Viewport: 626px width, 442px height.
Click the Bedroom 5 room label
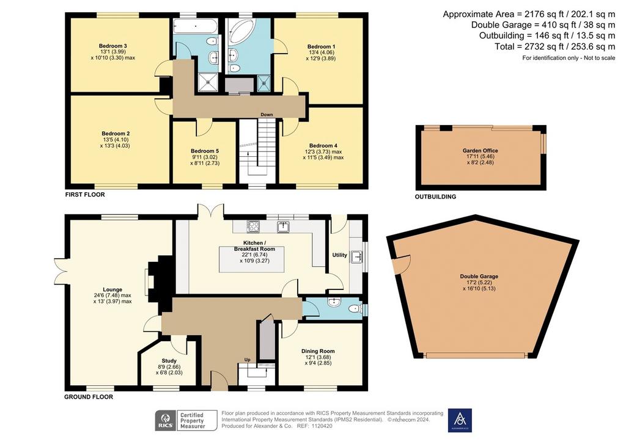pyautogui.click(x=204, y=151)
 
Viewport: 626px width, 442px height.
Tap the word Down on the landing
pyautogui.click(x=267, y=114)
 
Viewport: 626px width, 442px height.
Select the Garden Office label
pyautogui.click(x=481, y=151)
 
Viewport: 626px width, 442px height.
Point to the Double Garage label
pyautogui.click(x=479, y=276)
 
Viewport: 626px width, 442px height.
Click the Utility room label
pyautogui.click(x=340, y=255)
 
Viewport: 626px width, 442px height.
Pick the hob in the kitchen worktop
pyautogui.click(x=253, y=226)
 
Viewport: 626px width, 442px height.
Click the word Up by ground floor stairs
pyautogui.click(x=247, y=360)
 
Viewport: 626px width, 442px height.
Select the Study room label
pyautogui.click(x=169, y=361)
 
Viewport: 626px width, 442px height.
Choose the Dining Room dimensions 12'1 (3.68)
pyautogui.click(x=318, y=358)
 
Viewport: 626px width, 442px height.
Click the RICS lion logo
pyautogui.click(x=164, y=421)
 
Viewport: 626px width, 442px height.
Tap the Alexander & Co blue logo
pyautogui.click(x=460, y=421)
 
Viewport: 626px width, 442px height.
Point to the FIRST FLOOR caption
pyautogui.click(x=85, y=195)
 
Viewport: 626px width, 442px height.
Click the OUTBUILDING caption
pyautogui.click(x=435, y=197)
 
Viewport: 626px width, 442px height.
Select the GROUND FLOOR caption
pyautogui.click(x=89, y=397)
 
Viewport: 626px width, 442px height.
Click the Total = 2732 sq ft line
pyautogui.click(x=555, y=46)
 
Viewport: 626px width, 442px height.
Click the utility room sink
pyautogui.click(x=356, y=257)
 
